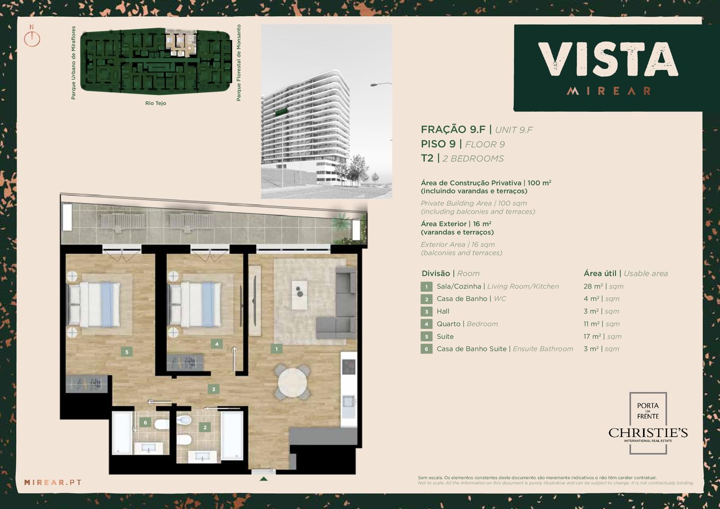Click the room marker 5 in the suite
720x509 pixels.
[126, 352]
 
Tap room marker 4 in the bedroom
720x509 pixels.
[216, 344]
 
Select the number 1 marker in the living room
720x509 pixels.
[276, 349]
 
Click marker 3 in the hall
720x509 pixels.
[214, 389]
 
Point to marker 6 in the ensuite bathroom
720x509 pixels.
[145, 422]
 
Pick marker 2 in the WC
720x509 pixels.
[205, 428]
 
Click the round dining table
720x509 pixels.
[292, 383]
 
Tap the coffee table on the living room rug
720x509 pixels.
[299, 295]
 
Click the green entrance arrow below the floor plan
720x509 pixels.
[264, 479]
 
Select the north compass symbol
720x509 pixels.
[32, 37]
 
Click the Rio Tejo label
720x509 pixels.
[156, 103]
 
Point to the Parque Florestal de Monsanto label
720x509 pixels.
[238, 63]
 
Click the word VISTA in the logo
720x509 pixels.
[608, 60]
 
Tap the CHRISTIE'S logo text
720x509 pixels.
[648, 433]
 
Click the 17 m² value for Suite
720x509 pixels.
[592, 336]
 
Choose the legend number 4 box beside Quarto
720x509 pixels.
[427, 324]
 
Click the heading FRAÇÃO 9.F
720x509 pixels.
[453, 129]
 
